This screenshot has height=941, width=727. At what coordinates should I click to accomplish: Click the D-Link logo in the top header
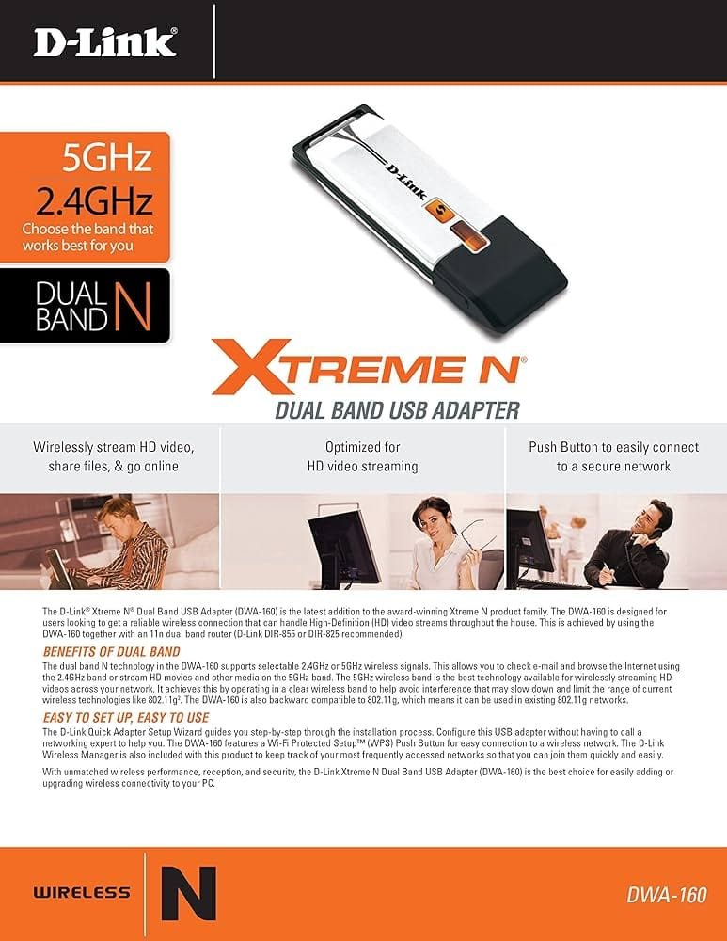click(x=104, y=42)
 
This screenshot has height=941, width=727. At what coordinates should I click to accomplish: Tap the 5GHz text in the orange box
click(x=107, y=157)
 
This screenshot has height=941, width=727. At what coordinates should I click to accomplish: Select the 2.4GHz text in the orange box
click(x=93, y=200)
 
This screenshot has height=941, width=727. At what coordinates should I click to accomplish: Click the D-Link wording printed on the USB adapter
click(x=405, y=182)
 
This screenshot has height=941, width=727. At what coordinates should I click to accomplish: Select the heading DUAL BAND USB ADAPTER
click(x=397, y=410)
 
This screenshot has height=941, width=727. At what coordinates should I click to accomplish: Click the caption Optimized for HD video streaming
click(x=362, y=456)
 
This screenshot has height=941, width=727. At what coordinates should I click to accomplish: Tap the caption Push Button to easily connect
click(x=613, y=447)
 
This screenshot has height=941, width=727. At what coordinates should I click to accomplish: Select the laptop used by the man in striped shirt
click(x=59, y=567)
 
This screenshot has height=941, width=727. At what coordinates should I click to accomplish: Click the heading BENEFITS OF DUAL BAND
click(x=112, y=652)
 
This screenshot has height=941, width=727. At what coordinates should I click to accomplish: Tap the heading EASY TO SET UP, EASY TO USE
click(x=126, y=718)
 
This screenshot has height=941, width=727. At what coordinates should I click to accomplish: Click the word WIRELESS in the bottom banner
click(x=82, y=892)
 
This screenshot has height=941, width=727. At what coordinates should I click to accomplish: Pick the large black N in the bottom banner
click(x=188, y=893)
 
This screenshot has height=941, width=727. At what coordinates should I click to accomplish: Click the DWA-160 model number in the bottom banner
click(x=667, y=895)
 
